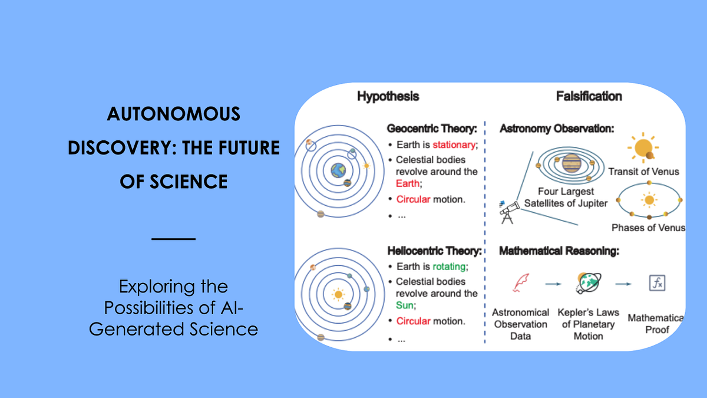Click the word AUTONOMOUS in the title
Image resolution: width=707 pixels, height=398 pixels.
click(x=174, y=113)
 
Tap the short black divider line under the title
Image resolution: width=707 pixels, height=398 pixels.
click(x=173, y=239)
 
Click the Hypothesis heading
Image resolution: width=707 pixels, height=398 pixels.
click(x=388, y=96)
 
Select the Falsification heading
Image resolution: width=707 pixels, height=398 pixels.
click(x=589, y=96)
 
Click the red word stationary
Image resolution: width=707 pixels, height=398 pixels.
click(x=454, y=144)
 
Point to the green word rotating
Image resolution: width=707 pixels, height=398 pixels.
click(x=450, y=267)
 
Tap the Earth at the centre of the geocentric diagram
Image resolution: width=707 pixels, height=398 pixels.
click(x=338, y=171)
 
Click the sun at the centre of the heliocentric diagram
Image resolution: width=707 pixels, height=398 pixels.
click(x=338, y=294)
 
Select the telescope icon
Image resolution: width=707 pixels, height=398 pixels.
click(x=506, y=212)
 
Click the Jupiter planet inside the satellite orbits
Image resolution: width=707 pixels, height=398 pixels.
click(x=571, y=163)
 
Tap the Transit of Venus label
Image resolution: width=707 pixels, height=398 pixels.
click(x=643, y=172)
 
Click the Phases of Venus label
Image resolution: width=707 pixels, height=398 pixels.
click(x=648, y=228)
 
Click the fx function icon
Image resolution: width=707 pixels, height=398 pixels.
click(x=657, y=284)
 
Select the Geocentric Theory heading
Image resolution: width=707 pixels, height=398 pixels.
click(x=432, y=128)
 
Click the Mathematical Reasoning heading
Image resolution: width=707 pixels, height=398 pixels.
click(x=559, y=251)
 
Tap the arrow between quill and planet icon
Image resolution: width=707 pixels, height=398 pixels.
click(x=553, y=284)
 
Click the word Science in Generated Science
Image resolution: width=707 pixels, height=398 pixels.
click(x=223, y=328)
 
